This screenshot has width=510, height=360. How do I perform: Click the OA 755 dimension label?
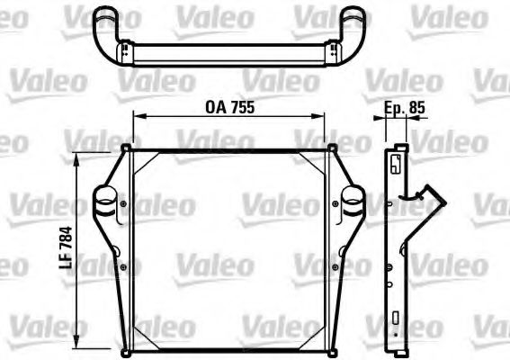230,106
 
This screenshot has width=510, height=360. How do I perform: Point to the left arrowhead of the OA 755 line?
138,116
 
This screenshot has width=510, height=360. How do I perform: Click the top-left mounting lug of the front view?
127,148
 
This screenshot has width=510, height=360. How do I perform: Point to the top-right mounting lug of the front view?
332,148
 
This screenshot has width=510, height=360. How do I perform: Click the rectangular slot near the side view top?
396,164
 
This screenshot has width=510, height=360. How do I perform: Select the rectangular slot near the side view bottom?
396,317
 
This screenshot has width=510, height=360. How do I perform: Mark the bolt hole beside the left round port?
122,204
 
